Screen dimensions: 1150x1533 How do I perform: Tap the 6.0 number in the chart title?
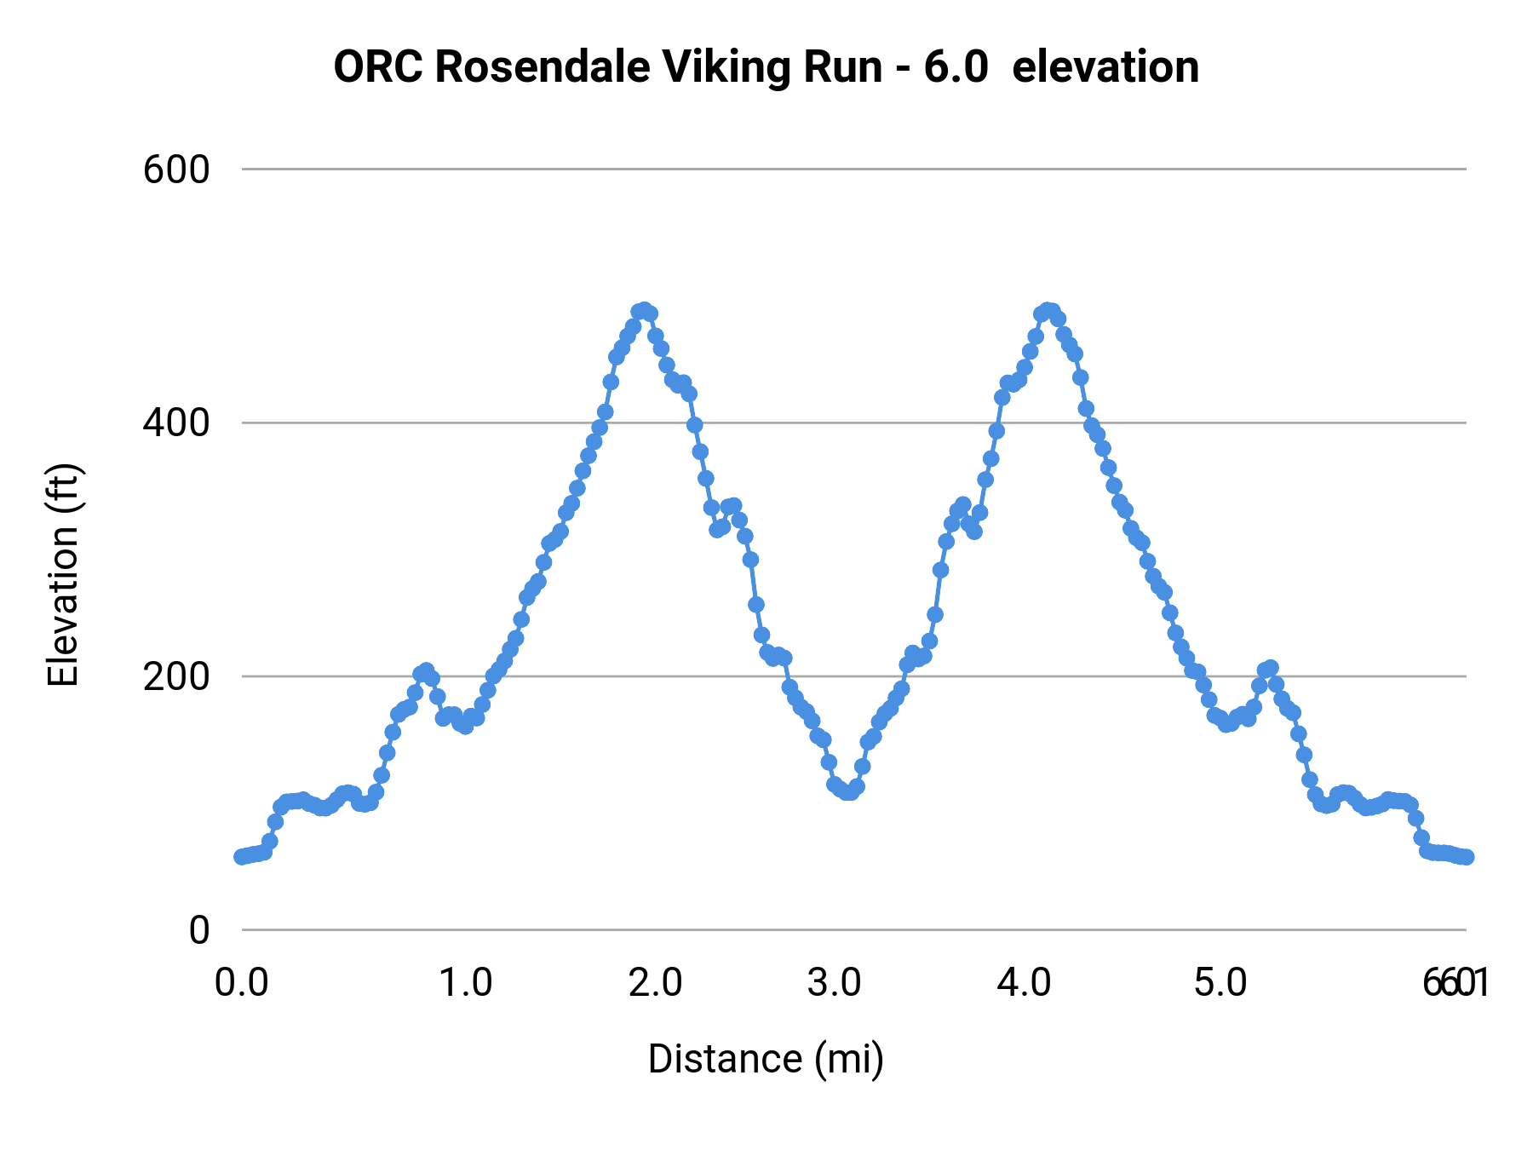pyautogui.click(x=956, y=66)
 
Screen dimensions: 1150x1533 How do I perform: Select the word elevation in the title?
pyautogui.click(x=1105, y=66)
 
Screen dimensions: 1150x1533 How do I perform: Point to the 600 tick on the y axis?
pyautogui.click(x=176, y=170)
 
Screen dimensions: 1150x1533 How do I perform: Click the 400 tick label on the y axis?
pyautogui.click(x=176, y=423)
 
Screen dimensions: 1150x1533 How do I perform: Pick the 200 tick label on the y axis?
pyautogui.click(x=176, y=676)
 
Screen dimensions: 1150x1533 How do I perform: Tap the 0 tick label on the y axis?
pyautogui.click(x=198, y=930)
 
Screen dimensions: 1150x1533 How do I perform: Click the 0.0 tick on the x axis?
pyautogui.click(x=242, y=983)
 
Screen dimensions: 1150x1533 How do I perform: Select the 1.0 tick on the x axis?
pyautogui.click(x=465, y=983)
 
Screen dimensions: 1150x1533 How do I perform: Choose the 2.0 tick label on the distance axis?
pyautogui.click(x=655, y=983)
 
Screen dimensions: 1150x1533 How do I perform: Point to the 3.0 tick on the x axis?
pyautogui.click(x=834, y=983)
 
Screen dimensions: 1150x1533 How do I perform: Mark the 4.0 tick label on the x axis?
pyautogui.click(x=1025, y=983)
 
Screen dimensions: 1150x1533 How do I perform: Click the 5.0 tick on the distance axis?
pyautogui.click(x=1220, y=983)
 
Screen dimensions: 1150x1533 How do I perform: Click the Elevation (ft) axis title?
pyautogui.click(x=63, y=575)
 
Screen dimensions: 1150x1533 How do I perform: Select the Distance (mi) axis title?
pyautogui.click(x=766, y=1059)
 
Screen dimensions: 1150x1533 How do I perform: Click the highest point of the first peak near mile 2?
pyautogui.click(x=643, y=310)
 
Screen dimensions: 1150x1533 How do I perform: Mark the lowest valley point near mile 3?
pyautogui.click(x=847, y=793)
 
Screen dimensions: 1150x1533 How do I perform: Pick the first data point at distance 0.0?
pyautogui.click(x=242, y=856)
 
